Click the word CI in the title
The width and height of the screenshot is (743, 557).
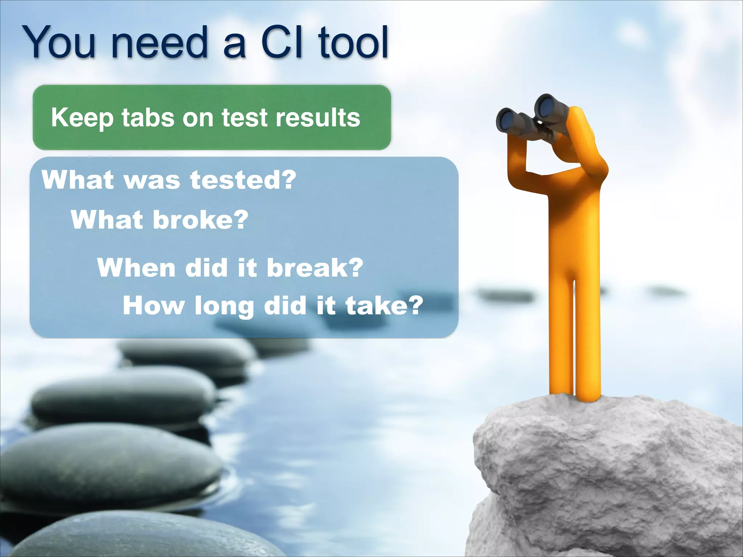[282, 42]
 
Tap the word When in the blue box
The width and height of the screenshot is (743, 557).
[136, 268]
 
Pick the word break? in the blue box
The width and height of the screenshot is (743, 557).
[315, 268]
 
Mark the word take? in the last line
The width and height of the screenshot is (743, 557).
[384, 305]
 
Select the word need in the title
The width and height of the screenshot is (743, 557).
[160, 42]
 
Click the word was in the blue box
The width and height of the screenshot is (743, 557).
[152, 180]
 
